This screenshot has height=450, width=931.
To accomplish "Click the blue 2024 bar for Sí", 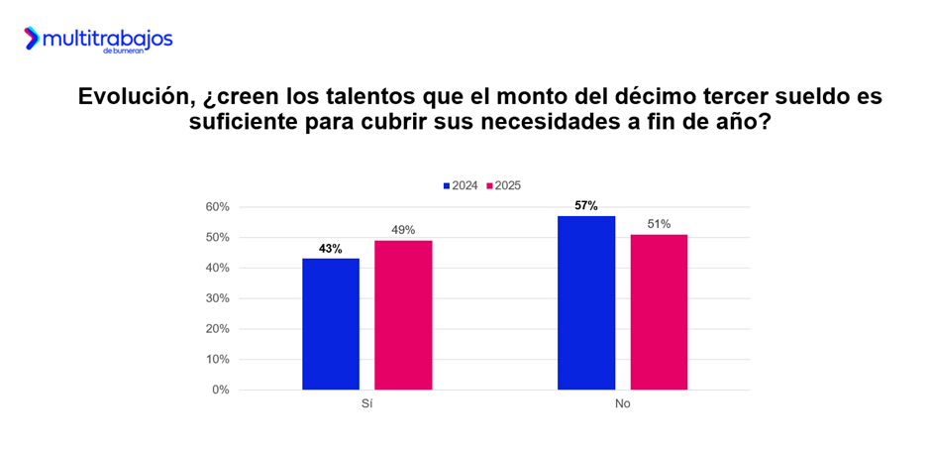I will coord(331,324).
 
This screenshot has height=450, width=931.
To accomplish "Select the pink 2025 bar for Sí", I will coord(403,315).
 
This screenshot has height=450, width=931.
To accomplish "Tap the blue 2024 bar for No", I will coord(586,302).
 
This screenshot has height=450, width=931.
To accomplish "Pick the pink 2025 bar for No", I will coord(659,312).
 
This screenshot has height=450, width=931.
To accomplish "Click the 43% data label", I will coord(331,249).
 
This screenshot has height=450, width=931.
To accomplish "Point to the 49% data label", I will coord(403,231).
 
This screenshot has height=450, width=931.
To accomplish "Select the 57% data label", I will coord(586,206).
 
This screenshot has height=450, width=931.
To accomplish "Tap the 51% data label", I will coord(659,225).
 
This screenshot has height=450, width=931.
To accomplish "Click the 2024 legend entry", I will coord(461,185).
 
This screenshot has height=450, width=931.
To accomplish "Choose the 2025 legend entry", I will coord(503,185).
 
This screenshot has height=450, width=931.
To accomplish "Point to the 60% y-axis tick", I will coord(218,207).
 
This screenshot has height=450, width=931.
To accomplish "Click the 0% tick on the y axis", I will coord(221,390).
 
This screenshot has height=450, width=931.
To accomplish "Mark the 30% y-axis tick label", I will coord(218,298).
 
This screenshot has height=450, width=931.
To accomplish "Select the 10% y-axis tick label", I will coord(218,360).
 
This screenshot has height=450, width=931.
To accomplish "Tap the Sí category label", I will coord(366,404).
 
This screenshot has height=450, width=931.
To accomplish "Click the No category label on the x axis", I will coord(622,404).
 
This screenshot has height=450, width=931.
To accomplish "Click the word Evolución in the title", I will coord(137,97).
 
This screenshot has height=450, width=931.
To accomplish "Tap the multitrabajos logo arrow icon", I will coord(33,39).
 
